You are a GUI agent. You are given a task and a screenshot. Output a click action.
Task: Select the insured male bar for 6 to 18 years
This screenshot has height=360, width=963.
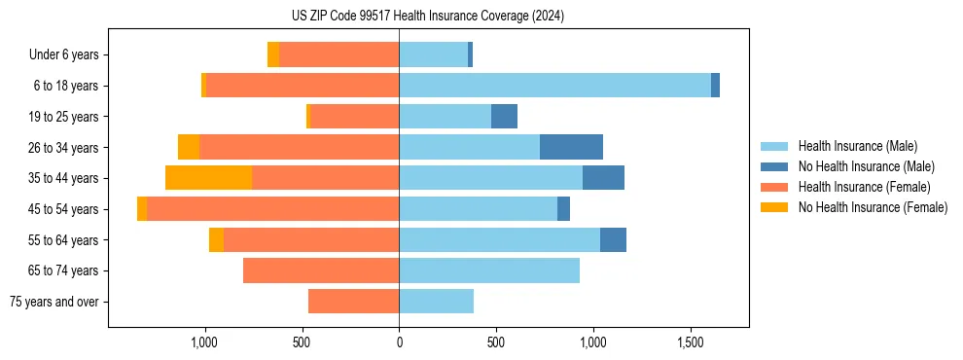554,86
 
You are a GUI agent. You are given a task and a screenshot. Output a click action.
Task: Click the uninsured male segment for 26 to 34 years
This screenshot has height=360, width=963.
571,147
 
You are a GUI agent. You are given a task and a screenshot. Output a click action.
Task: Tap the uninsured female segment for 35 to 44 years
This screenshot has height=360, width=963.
208,178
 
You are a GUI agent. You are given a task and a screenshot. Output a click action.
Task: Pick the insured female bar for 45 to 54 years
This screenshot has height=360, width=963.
272,209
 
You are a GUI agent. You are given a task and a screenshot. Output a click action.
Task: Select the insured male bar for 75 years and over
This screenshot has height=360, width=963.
436,302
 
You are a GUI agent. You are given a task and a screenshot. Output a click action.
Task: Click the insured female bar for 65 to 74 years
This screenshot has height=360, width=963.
321,270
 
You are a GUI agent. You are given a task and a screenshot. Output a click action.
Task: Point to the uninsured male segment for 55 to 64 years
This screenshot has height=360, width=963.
613,239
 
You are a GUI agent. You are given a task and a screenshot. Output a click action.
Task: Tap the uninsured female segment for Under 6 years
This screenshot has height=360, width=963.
273,55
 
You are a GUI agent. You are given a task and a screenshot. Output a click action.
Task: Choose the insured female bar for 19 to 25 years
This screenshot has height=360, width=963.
354,117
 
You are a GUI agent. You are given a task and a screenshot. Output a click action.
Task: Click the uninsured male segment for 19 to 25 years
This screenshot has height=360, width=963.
504,117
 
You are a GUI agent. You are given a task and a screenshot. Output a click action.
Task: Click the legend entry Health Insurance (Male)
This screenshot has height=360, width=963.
857,146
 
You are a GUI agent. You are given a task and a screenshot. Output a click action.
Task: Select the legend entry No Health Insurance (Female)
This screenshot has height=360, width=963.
873,207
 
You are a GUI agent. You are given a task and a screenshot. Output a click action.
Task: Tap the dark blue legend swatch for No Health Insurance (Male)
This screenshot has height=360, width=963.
774,166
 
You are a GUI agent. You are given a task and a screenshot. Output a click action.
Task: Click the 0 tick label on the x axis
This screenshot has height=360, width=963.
399,343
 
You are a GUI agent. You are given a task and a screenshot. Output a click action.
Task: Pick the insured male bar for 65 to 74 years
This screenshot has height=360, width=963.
489,270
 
